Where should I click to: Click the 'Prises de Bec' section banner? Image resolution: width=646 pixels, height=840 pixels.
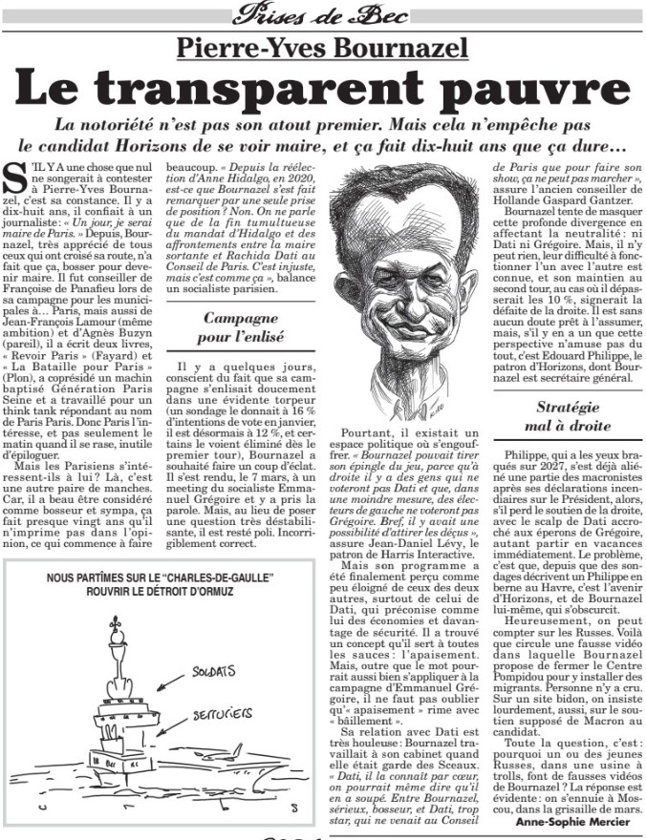pyautogui.click(x=322, y=13)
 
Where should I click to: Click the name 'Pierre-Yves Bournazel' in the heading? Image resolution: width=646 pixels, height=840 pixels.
pyautogui.click(x=322, y=46)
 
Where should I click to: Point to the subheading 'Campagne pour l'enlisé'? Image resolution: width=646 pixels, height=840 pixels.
pyautogui.click(x=241, y=326)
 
